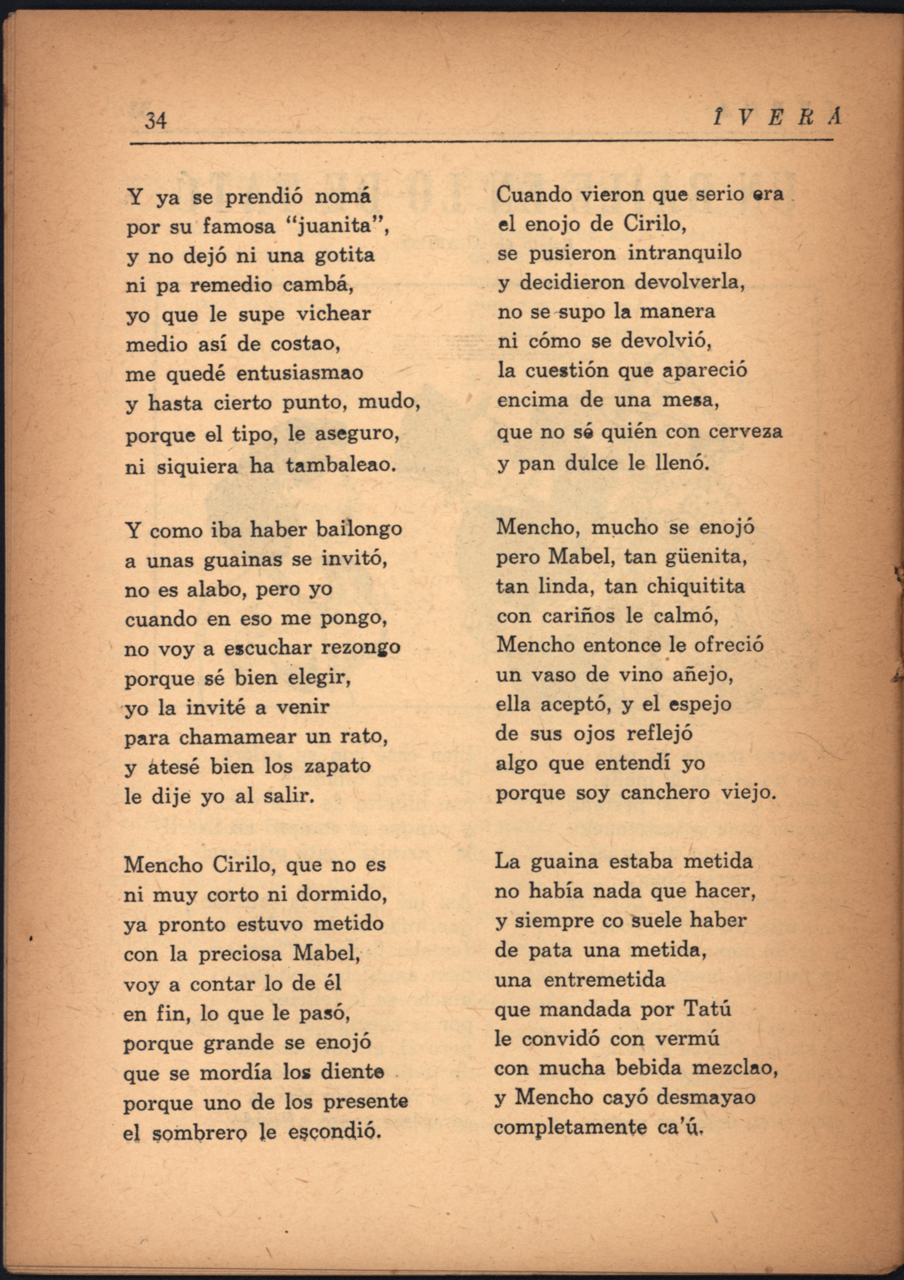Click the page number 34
tap(155, 120)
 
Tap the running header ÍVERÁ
tap(778, 118)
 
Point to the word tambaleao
tap(341, 466)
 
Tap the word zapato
tap(337, 766)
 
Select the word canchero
tap(665, 793)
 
